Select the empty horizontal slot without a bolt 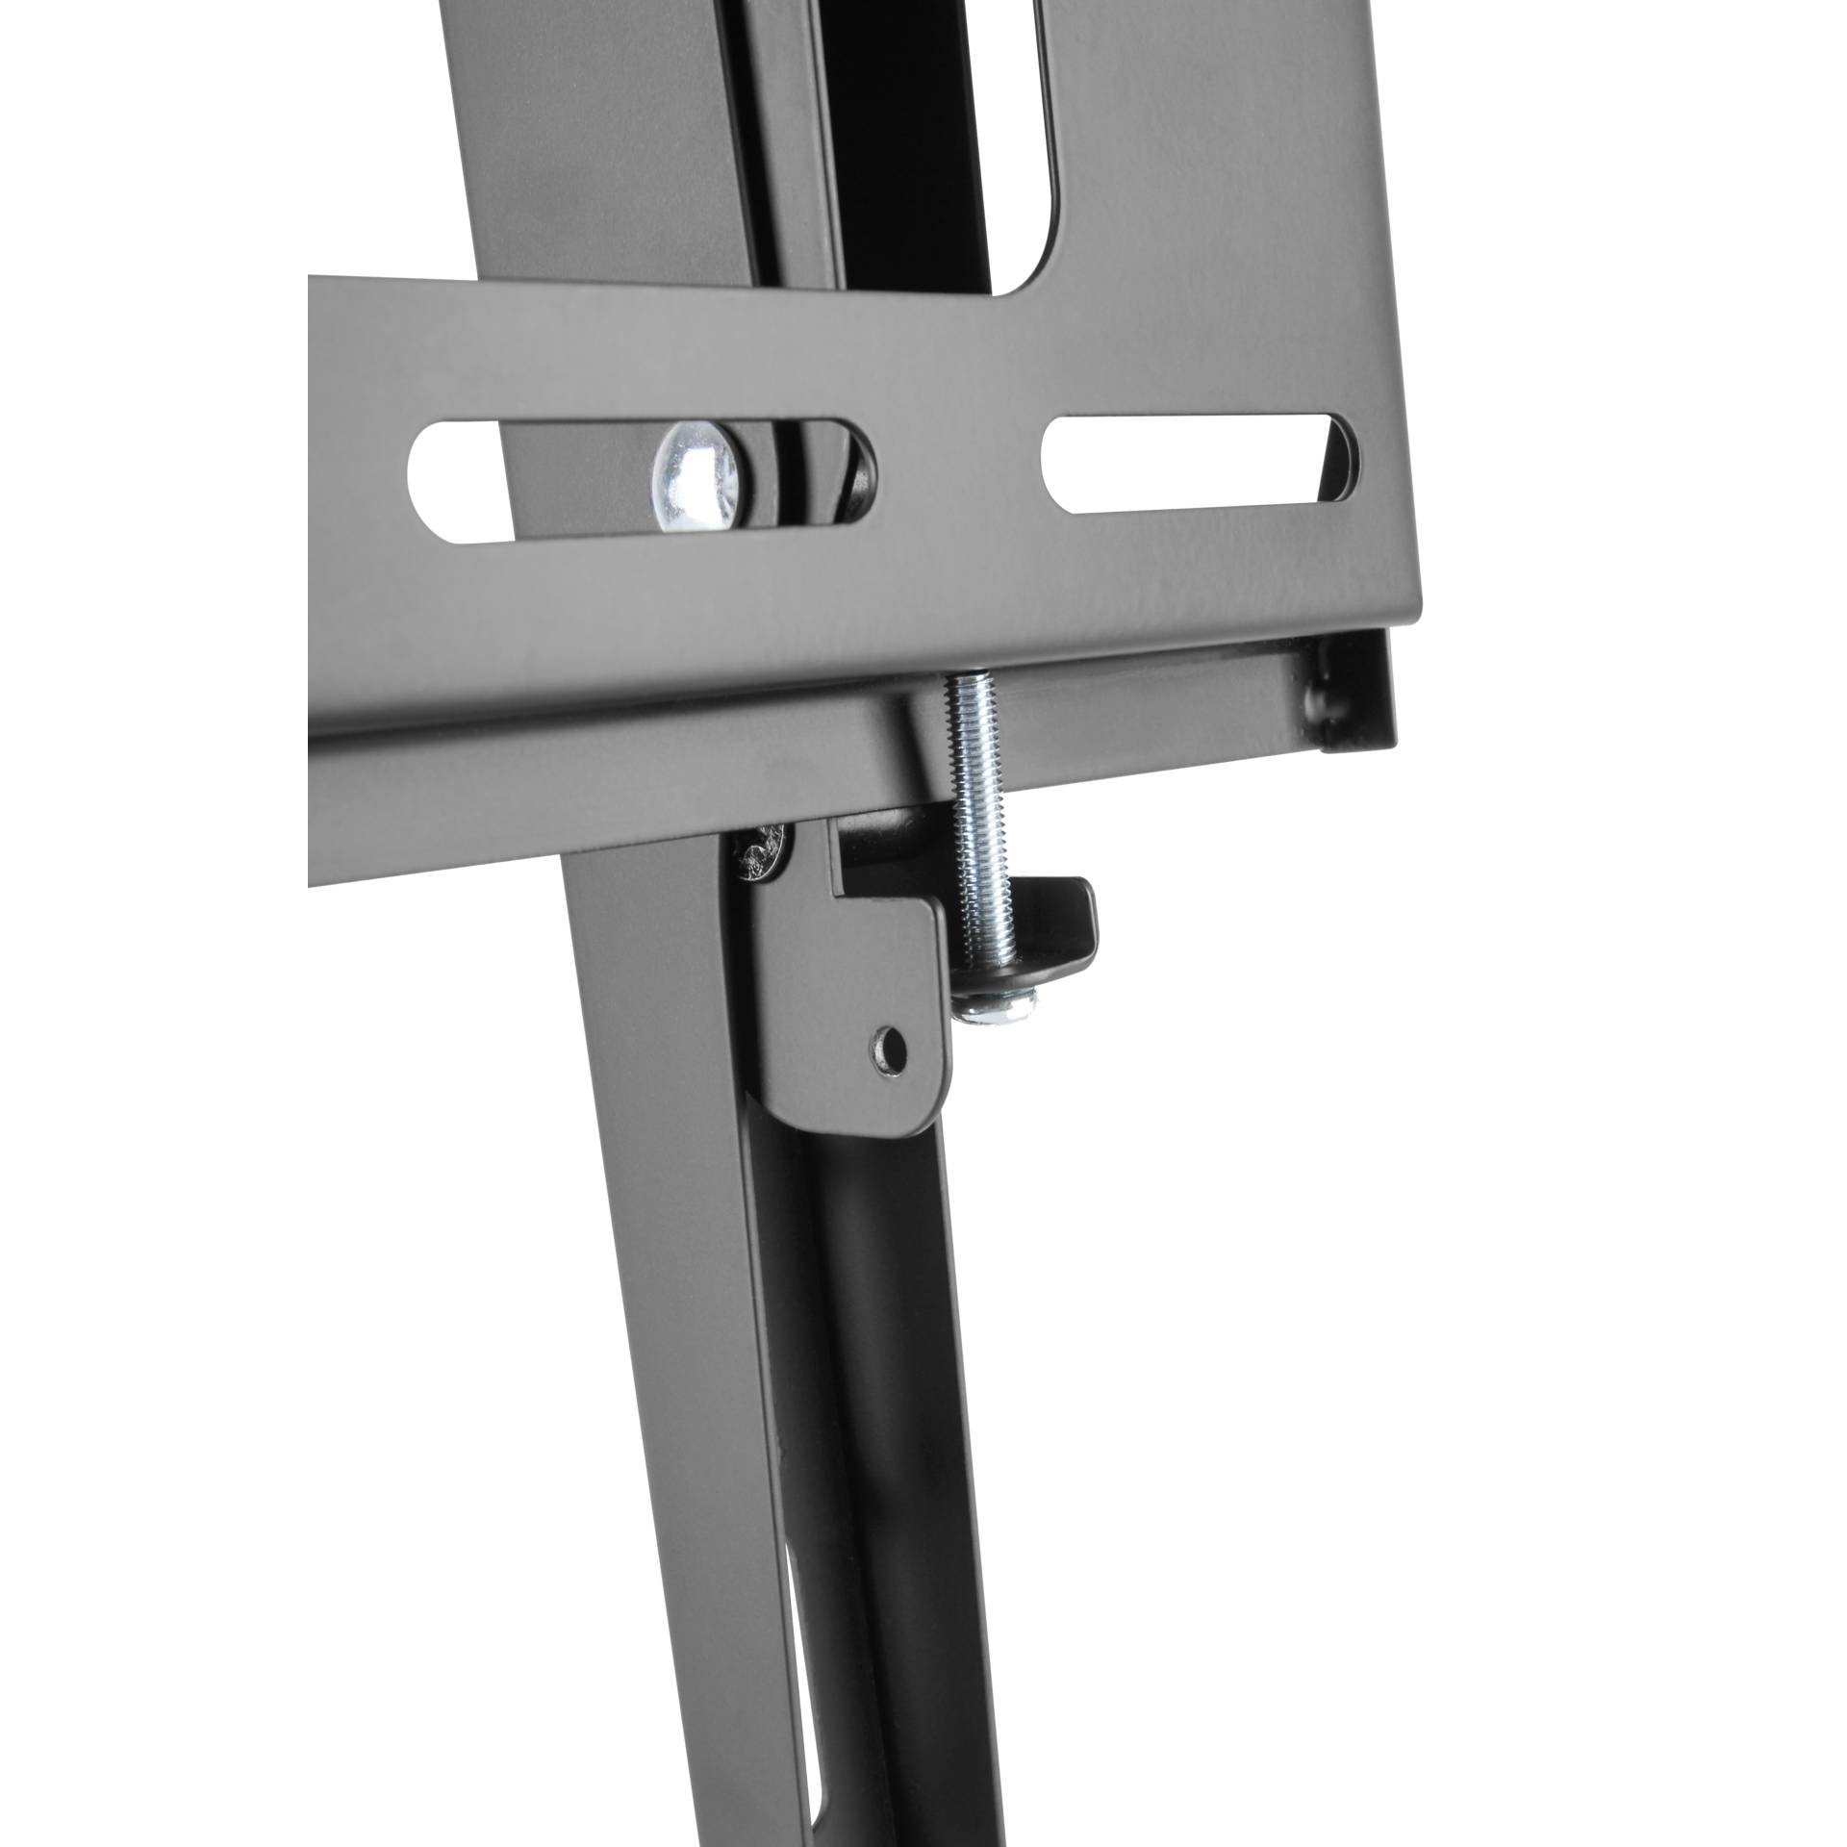pos(1202,463)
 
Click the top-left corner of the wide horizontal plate pos(314,279)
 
